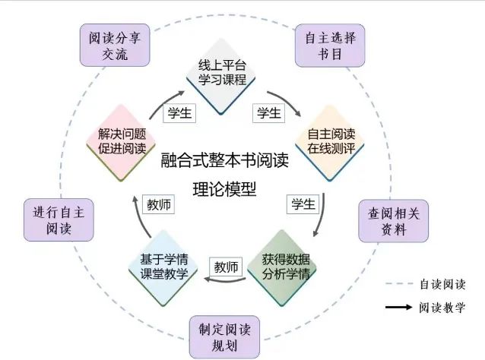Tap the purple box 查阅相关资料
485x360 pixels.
(x=394, y=221)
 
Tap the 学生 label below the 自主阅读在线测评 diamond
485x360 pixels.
(x=302, y=204)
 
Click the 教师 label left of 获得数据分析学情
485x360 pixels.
(x=226, y=267)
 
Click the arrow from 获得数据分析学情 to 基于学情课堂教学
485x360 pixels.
(x=226, y=282)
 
